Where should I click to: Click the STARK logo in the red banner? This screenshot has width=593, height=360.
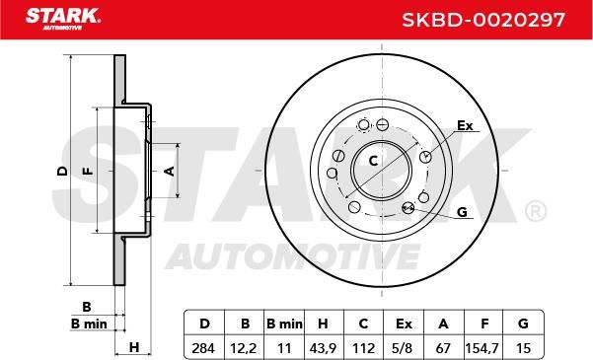(63, 18)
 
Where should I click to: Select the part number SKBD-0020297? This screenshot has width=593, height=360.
(483, 20)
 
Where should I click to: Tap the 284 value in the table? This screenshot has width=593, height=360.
(203, 348)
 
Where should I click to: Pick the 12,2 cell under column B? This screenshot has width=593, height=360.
(244, 348)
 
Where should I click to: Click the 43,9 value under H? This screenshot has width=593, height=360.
(323, 348)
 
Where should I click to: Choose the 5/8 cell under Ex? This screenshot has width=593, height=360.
(404, 348)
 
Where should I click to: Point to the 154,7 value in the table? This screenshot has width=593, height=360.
(482, 348)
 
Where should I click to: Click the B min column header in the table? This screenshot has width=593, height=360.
(284, 324)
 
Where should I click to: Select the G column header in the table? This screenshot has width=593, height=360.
(523, 324)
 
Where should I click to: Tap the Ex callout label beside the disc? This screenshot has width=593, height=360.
(465, 125)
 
